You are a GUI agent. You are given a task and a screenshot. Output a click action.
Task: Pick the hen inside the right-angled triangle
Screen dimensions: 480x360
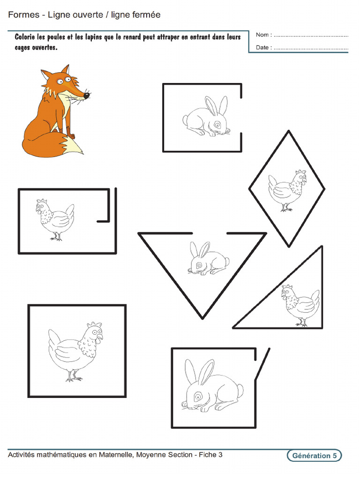(x=300, y=305)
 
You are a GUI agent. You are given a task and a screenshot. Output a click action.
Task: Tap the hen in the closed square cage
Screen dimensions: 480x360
(x=76, y=352)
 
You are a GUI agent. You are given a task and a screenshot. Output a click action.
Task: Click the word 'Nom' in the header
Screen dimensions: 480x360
(x=262, y=35)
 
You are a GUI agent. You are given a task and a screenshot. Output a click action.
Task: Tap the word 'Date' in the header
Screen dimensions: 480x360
(x=263, y=48)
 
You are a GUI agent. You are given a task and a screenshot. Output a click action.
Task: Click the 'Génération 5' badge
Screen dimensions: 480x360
(x=314, y=456)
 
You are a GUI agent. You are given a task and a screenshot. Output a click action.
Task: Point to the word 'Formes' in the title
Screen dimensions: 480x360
(x=23, y=15)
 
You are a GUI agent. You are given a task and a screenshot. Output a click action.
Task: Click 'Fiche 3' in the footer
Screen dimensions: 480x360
(x=210, y=455)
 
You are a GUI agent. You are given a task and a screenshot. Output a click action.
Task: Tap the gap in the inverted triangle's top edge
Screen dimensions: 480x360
(x=210, y=233)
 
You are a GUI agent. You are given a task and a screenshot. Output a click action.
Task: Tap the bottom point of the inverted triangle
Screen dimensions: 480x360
(x=202, y=317)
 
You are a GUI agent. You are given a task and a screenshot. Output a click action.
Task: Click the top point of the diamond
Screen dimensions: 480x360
(x=288, y=132)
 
